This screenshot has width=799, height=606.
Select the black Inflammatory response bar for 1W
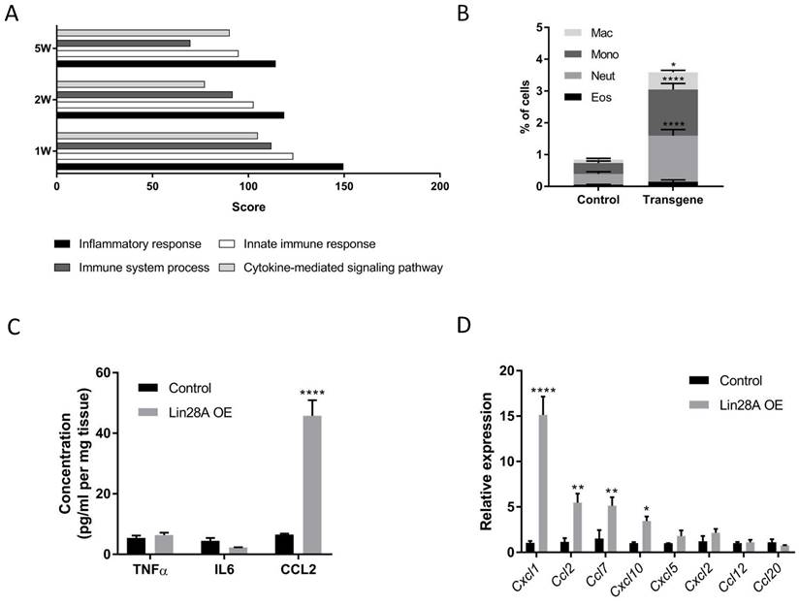(200, 167)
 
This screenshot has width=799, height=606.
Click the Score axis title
(248, 207)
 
